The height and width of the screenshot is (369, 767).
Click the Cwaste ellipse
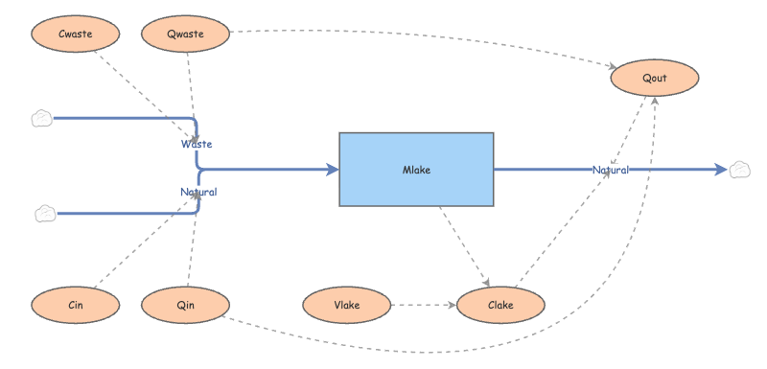[x=76, y=34]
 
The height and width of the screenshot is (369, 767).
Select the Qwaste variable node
[x=185, y=34]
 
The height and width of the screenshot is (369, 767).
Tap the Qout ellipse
[x=655, y=78]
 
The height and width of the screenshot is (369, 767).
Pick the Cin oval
[x=76, y=305]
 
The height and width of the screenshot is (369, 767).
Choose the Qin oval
[x=185, y=305]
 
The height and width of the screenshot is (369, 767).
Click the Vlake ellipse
[x=347, y=305]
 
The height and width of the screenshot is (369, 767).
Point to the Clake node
[x=500, y=305]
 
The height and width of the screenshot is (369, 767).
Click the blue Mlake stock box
[x=416, y=170]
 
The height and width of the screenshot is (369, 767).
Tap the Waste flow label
[x=197, y=144]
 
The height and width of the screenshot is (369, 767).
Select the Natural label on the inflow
[x=198, y=192]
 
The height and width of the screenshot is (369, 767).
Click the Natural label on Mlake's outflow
[x=611, y=170]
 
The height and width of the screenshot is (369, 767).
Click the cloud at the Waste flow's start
[x=42, y=119]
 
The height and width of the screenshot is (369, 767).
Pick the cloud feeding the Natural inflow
[x=45, y=214]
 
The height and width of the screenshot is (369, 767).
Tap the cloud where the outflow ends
[x=739, y=170]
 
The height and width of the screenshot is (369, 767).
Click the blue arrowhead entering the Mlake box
[x=333, y=170]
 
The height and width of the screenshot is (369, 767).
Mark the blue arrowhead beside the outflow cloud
[x=722, y=170]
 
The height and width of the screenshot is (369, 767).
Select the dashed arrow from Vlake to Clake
[x=424, y=305]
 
